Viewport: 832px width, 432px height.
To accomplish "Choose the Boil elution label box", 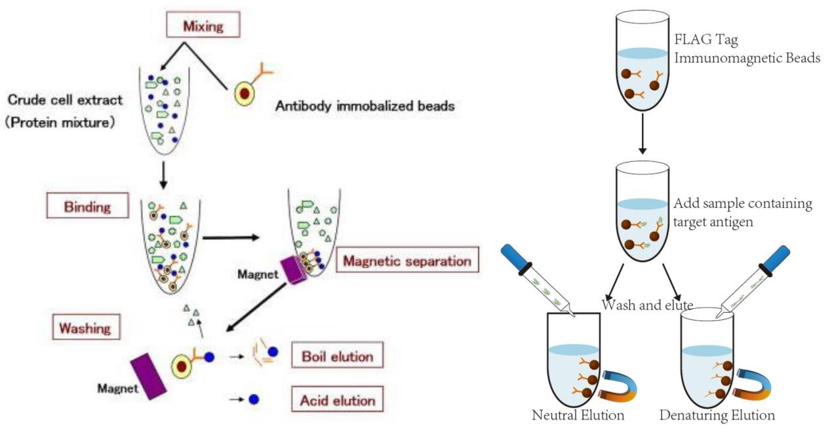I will click(338, 357).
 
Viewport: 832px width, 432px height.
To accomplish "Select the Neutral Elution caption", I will click(578, 414).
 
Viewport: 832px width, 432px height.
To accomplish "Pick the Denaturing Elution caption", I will click(717, 414).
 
